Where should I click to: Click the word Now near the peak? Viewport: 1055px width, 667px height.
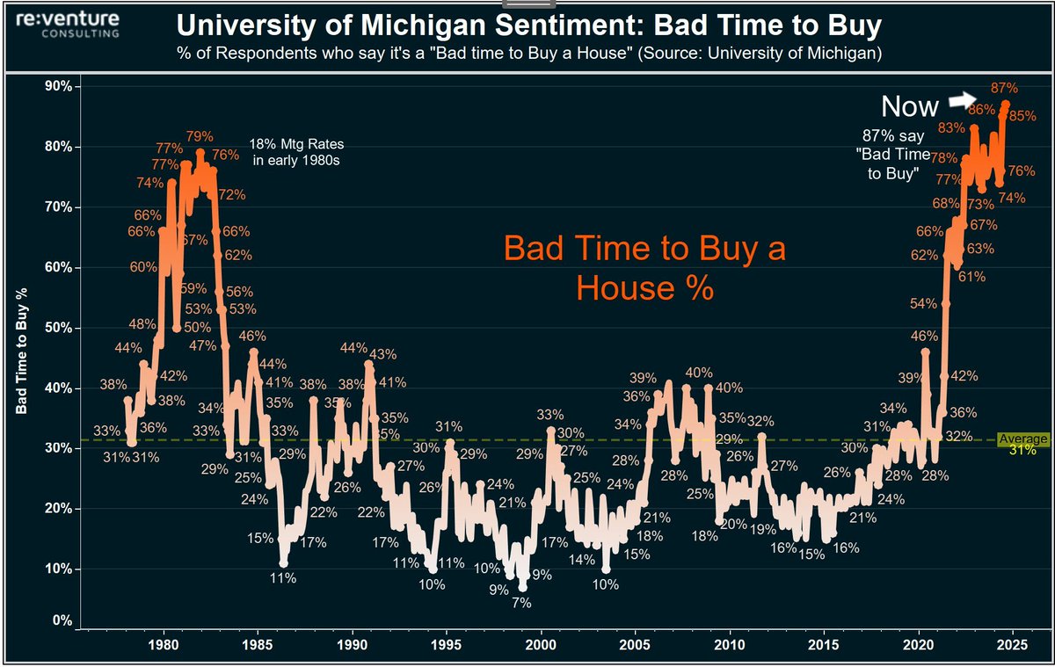[x=910, y=107]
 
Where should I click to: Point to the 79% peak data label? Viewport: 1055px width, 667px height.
[x=200, y=136]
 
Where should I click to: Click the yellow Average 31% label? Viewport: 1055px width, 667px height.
[x=1030, y=444]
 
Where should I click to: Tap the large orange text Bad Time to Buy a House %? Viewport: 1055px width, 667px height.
[x=644, y=268]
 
